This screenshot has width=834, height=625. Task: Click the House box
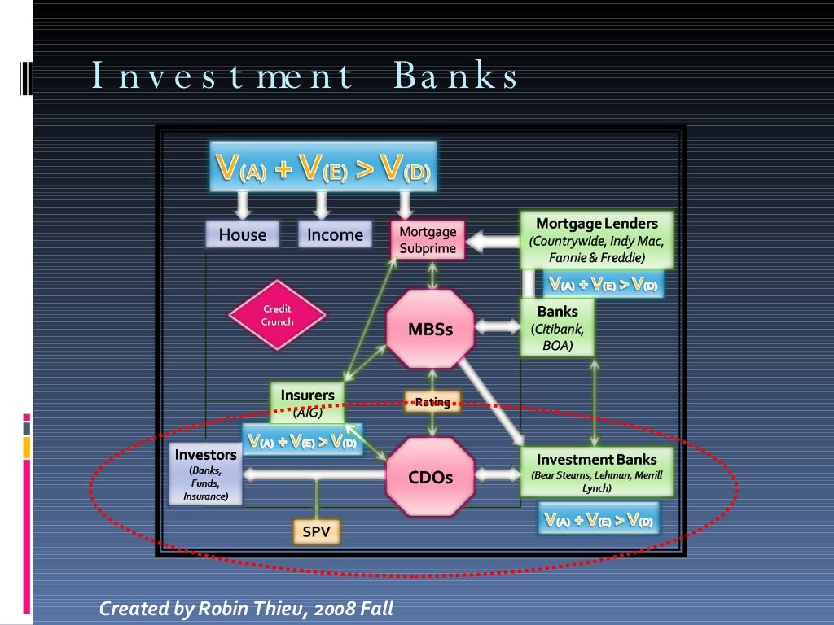tap(242, 234)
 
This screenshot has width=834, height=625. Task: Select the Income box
tap(335, 234)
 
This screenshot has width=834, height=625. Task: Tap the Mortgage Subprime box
tap(428, 240)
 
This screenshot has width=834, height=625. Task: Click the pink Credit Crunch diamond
tap(277, 315)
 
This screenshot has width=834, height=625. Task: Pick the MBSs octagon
tap(430, 330)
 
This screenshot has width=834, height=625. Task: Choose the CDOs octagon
tap(430, 477)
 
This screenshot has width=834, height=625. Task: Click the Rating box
tap(432, 401)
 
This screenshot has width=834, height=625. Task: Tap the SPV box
tap(316, 532)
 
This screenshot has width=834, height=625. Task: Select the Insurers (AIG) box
tap(308, 403)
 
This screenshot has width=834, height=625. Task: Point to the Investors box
tap(206, 474)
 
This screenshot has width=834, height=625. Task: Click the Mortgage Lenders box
tap(597, 239)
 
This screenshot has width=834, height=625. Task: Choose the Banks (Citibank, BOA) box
tap(558, 328)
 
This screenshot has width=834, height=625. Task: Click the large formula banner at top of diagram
tap(323, 167)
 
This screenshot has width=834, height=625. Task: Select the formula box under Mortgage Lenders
tap(604, 284)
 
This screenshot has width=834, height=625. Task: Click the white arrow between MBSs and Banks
tap(497, 327)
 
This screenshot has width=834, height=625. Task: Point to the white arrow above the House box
tap(242, 204)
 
